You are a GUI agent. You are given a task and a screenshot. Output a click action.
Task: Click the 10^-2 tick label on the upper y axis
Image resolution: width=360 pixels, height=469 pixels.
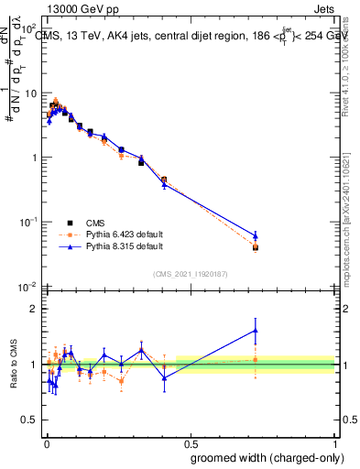pyautogui.click(x=28, y=287)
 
